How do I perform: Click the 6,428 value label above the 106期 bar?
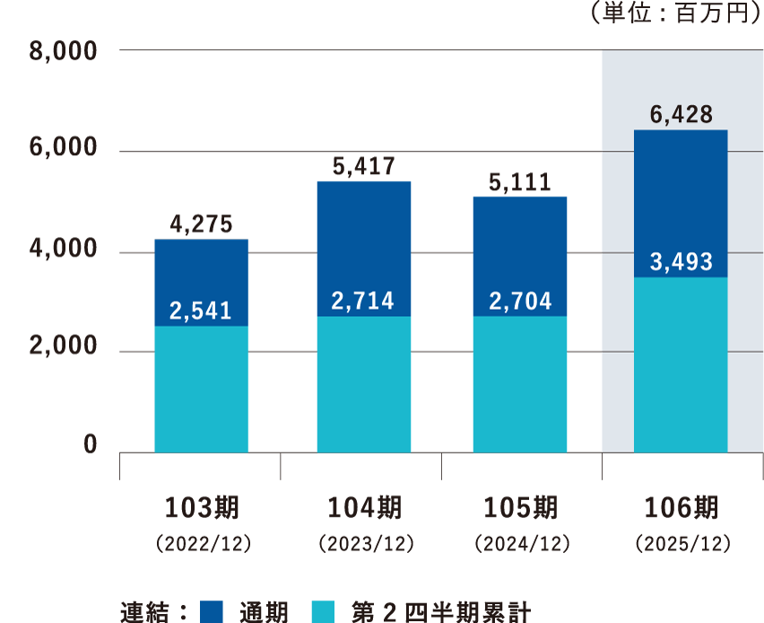click(x=682, y=115)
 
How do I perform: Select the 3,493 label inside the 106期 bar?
click(x=682, y=262)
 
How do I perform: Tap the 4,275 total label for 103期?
click(x=201, y=224)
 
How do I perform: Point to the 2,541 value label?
click(x=201, y=311)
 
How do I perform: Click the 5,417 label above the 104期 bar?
click(x=363, y=166)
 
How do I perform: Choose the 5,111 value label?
click(x=520, y=181)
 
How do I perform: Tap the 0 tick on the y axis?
click(x=90, y=444)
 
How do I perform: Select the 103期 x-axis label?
click(x=201, y=508)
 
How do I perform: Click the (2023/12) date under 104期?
click(x=363, y=544)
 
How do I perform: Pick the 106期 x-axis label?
click(x=682, y=508)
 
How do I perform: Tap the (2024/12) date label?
click(x=520, y=544)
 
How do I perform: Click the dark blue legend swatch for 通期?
click(x=213, y=612)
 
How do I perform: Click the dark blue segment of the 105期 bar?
click(x=520, y=256)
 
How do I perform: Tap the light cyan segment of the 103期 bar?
click(x=201, y=390)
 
